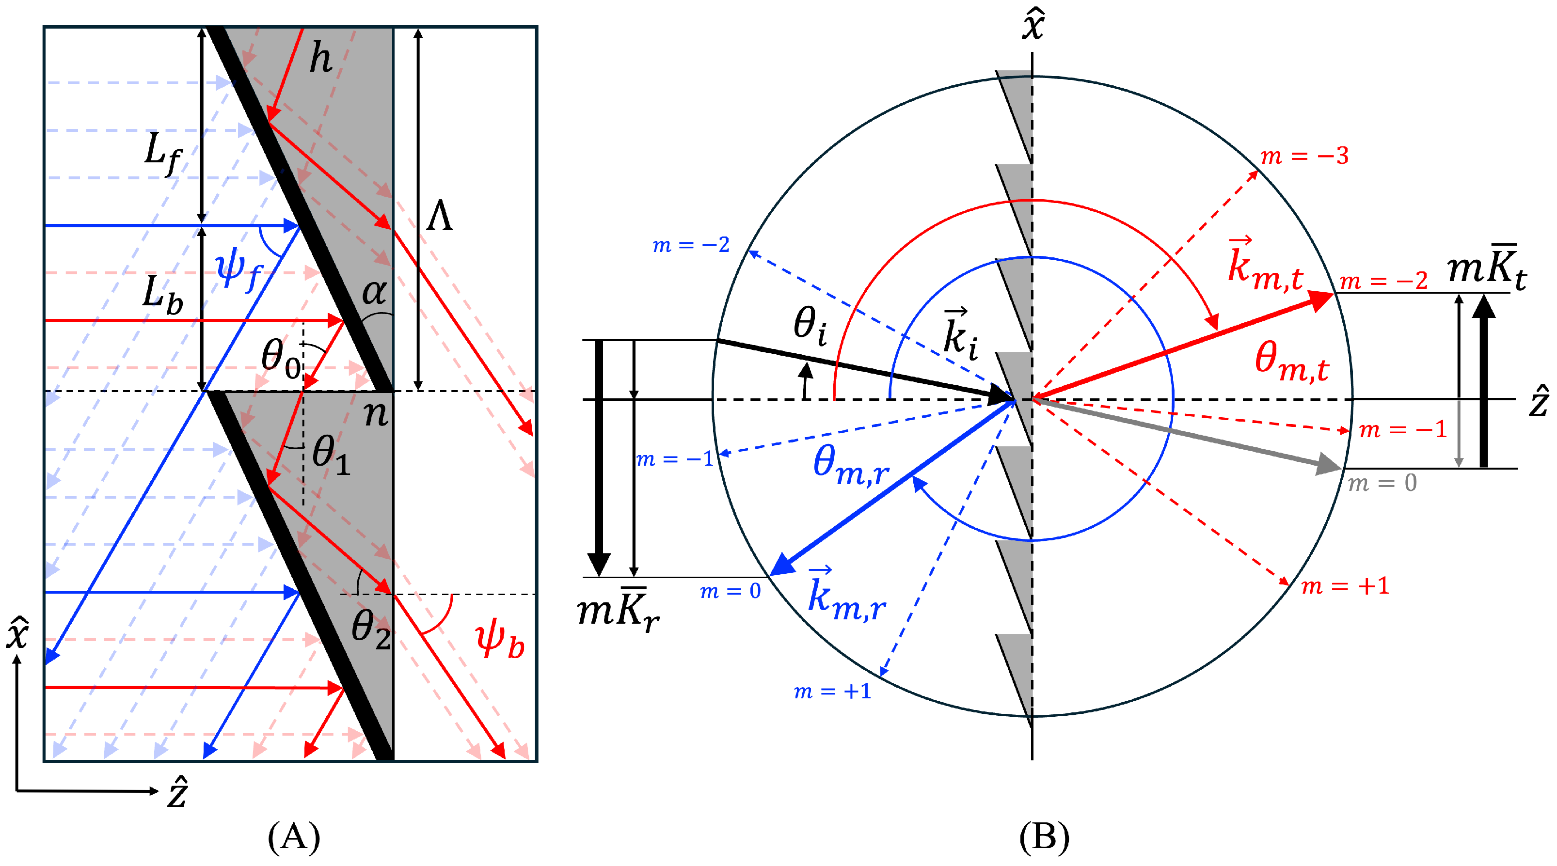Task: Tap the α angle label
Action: click(374, 293)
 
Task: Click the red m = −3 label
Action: click(1304, 156)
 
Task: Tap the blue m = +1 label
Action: click(833, 691)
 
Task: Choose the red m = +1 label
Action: click(1345, 585)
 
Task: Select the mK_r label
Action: click(618, 612)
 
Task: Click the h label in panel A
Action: click(321, 59)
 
